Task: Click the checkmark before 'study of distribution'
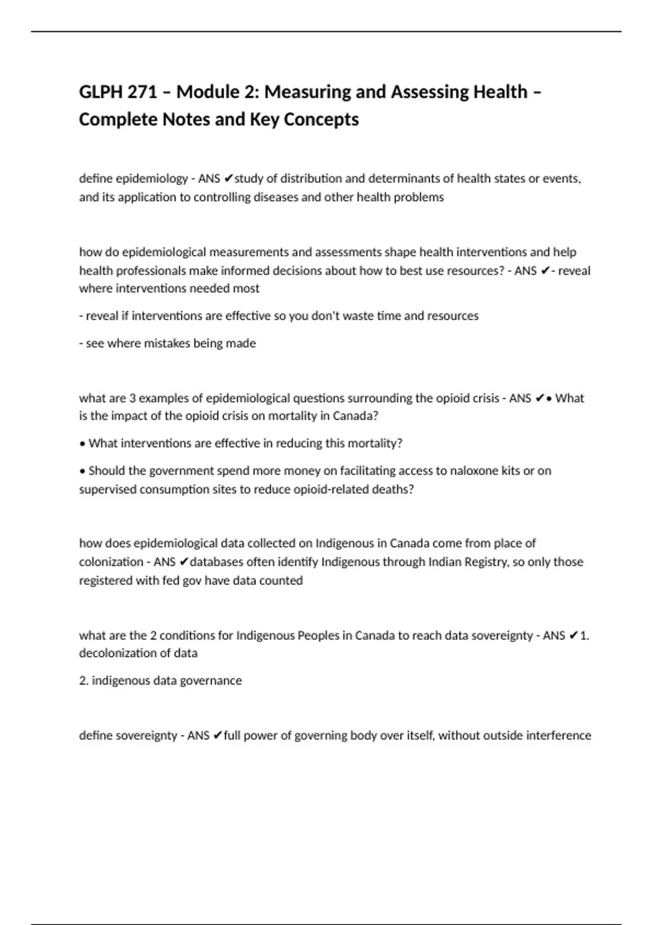pyautogui.click(x=229, y=178)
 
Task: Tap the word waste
pyautogui.click(x=355, y=316)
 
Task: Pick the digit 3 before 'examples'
pyautogui.click(x=132, y=398)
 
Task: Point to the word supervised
pyautogui.click(x=108, y=489)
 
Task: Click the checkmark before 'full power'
pyautogui.click(x=217, y=736)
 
